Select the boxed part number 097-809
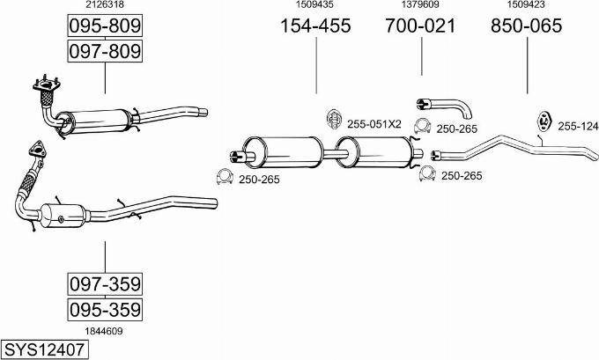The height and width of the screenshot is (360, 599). [105, 52]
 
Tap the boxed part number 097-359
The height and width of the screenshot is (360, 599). [105, 284]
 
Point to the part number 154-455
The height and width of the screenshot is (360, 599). [315, 26]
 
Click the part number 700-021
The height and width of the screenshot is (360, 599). [420, 26]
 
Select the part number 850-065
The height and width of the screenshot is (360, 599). [526, 26]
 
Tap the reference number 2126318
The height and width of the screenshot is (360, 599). [104, 5]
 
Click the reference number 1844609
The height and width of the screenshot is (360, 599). [104, 331]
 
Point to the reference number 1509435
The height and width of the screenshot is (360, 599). [315, 5]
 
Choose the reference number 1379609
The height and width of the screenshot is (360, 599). [420, 5]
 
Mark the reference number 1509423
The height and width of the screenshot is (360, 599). [526, 5]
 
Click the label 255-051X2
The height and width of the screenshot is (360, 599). [373, 124]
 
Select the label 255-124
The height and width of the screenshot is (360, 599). [577, 127]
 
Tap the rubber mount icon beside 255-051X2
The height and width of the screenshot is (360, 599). [334, 120]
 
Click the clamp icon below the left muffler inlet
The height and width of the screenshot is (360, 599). [224, 180]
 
